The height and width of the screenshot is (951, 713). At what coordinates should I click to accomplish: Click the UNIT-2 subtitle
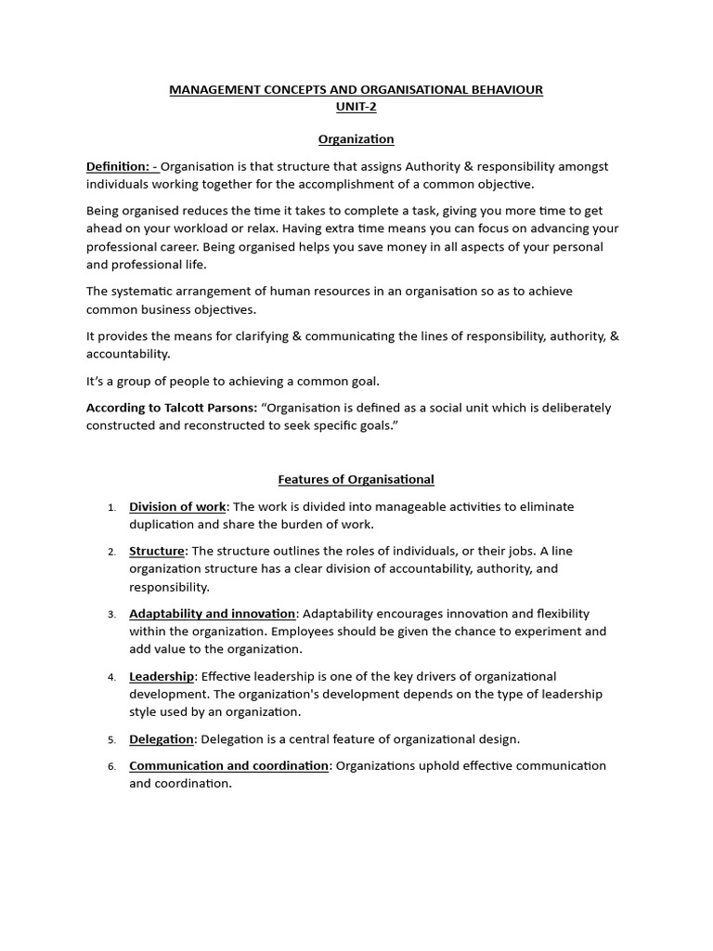coord(356,107)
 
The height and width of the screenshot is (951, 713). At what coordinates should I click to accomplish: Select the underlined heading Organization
coord(356,139)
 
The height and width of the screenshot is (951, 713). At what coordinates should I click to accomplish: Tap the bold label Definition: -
coord(123,166)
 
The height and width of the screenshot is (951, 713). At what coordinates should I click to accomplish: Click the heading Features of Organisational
coord(356,479)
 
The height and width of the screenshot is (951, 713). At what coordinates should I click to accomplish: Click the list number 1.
coord(111,507)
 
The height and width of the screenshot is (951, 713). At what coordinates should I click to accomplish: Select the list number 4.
coord(111,677)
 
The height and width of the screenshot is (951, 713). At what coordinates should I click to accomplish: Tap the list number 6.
coord(111,766)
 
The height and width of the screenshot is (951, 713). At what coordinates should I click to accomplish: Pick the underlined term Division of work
coord(177,506)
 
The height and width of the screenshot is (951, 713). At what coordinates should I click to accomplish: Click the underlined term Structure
coord(157,551)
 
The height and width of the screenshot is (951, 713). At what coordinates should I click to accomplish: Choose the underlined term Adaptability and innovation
coord(213,614)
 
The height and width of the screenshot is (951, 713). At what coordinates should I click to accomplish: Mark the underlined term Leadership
coord(162,676)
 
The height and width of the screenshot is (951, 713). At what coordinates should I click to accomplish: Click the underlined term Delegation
coord(162,739)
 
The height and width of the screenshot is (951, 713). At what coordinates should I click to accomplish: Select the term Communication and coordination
coord(229,765)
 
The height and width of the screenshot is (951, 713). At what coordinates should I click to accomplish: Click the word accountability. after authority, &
coord(128,354)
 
